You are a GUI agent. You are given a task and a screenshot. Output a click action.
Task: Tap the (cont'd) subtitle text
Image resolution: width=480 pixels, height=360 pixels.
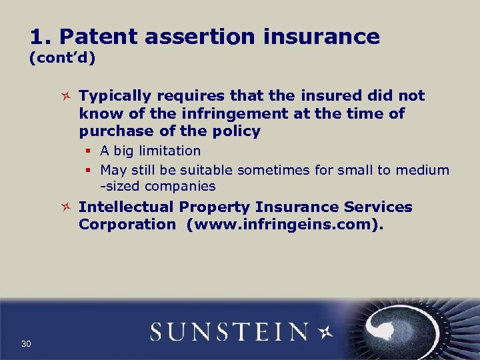(62, 59)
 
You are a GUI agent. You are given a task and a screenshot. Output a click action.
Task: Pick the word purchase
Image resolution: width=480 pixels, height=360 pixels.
(113, 131)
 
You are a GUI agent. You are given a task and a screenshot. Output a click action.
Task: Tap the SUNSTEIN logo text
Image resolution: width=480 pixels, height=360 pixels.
(229, 331)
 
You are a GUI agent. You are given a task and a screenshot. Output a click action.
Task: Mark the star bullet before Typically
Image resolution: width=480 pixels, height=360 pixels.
(65, 97)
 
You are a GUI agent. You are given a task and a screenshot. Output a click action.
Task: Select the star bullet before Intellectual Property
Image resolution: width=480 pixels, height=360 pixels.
(65, 208)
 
